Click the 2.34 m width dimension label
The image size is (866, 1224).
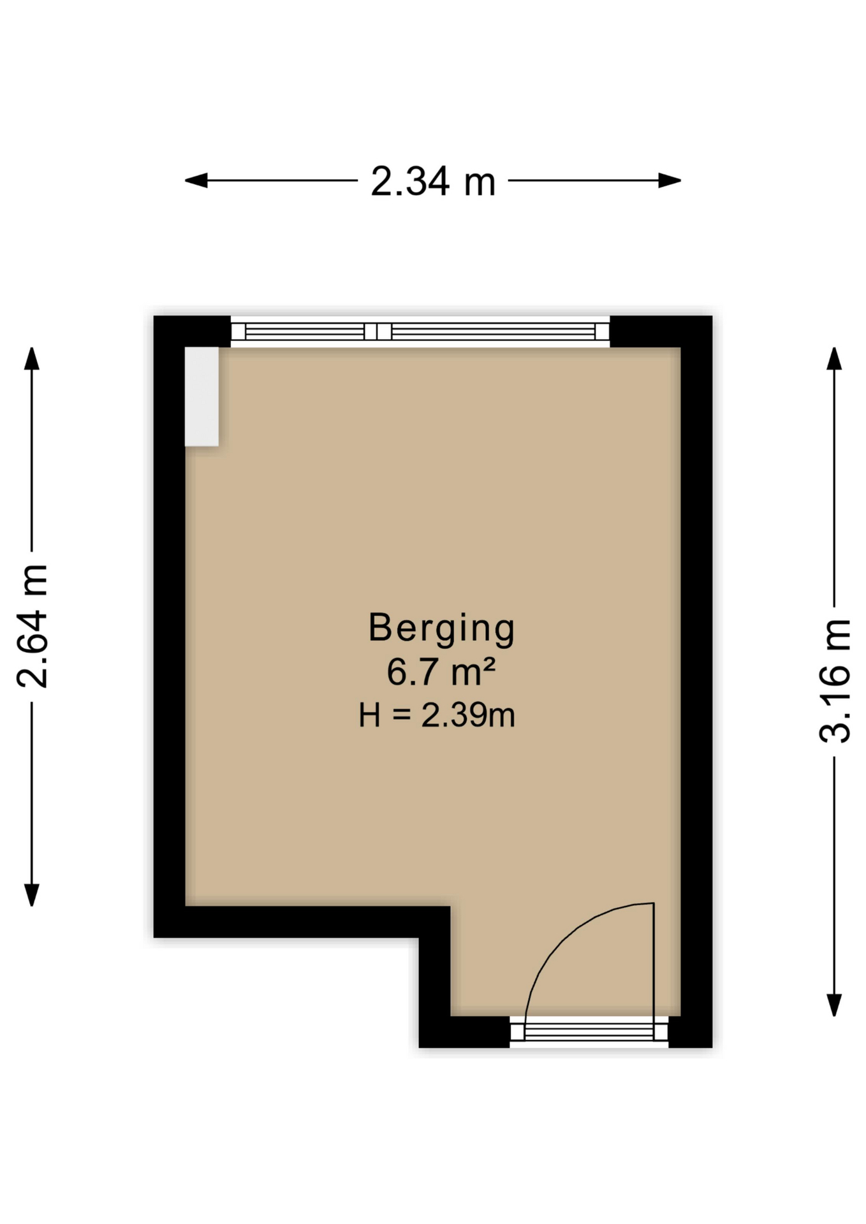(433, 181)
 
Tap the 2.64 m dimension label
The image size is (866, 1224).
(33, 626)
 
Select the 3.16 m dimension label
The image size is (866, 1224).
(834, 681)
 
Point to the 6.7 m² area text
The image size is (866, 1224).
(441, 672)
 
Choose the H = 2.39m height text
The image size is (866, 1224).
(437, 715)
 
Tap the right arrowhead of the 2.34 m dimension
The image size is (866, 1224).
(670, 180)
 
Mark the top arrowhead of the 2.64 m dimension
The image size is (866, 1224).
(32, 359)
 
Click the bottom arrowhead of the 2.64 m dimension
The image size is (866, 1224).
(32, 894)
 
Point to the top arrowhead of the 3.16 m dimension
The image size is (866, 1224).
(834, 359)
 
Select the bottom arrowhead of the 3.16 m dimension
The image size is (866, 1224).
(834, 1005)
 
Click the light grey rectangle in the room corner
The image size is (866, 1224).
(202, 397)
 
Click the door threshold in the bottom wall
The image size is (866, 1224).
(589, 1031)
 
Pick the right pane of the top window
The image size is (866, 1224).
(493, 331)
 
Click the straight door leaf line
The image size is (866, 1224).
(654, 963)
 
